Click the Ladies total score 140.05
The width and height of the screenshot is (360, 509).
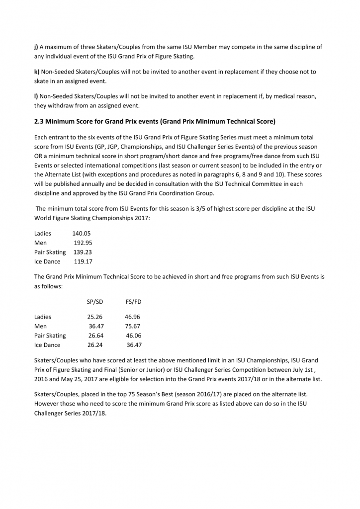pyautogui.click(x=81, y=233)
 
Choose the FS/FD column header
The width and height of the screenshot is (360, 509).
pyautogui.click(x=134, y=301)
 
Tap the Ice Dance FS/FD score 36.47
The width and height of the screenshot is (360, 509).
pyautogui.click(x=134, y=345)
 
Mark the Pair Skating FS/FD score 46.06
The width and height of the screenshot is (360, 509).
pyautogui.click(x=134, y=336)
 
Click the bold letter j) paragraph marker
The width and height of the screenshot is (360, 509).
pyautogui.click(x=36, y=47)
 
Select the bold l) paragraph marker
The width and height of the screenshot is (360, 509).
pyautogui.click(x=36, y=95)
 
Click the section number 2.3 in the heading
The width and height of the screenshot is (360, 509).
pyautogui.click(x=40, y=121)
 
